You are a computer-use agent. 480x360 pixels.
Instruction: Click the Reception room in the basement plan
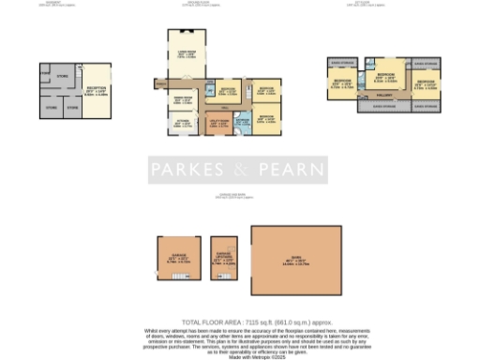pyautogui.click(x=96, y=91)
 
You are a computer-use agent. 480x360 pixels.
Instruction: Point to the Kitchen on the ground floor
pyautogui.click(x=179, y=123)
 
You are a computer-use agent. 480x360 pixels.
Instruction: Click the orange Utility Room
pyautogui.click(x=217, y=123)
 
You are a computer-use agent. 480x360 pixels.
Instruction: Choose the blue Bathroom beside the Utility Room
pyautogui.click(x=241, y=123)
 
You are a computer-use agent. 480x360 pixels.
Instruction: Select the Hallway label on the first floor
pyautogui.click(x=383, y=95)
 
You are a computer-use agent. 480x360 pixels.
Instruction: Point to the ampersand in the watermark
pyautogui.click(x=240, y=170)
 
